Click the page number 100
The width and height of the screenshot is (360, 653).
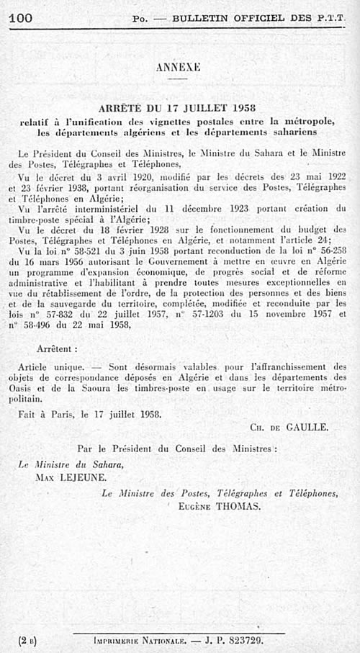point(21,17)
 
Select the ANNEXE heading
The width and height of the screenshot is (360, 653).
point(177,68)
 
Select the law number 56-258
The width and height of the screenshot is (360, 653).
point(330,251)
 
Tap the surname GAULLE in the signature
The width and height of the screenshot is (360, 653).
point(306,427)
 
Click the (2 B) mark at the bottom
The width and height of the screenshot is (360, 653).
point(27,639)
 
